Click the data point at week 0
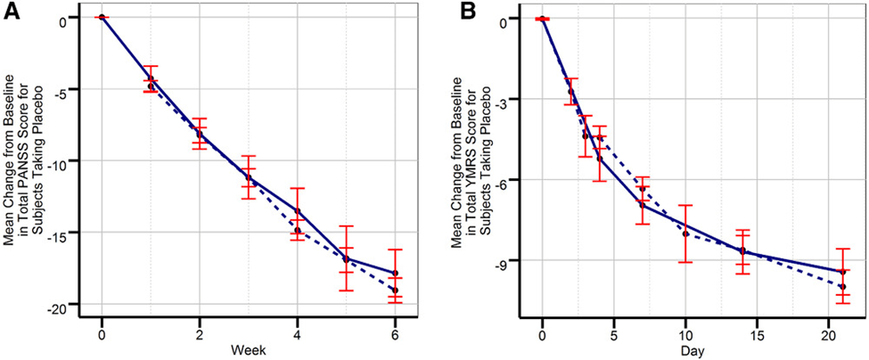[102, 17]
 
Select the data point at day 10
[685, 233]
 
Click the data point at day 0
[542, 18]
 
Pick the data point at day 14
[742, 251]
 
